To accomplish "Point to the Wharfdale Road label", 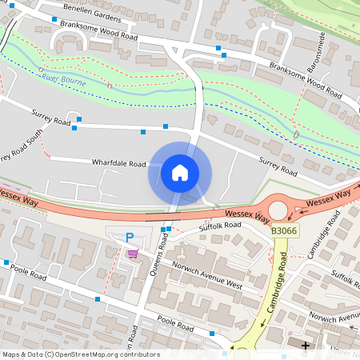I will (118, 163).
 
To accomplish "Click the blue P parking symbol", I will (130, 238).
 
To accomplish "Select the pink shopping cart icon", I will (132, 254).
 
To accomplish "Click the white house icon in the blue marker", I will (179, 172).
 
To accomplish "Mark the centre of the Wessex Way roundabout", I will (279, 210).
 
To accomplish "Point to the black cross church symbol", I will (305, 345).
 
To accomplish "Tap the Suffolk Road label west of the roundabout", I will (220, 227).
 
